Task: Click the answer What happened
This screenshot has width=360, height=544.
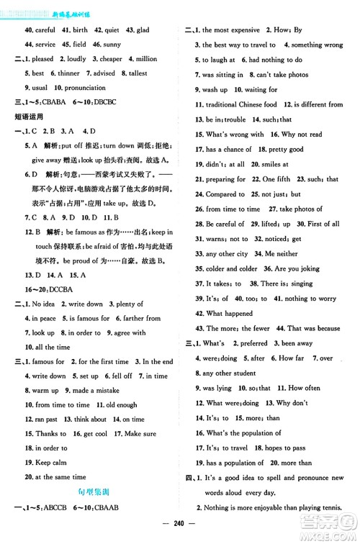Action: (225, 314)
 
